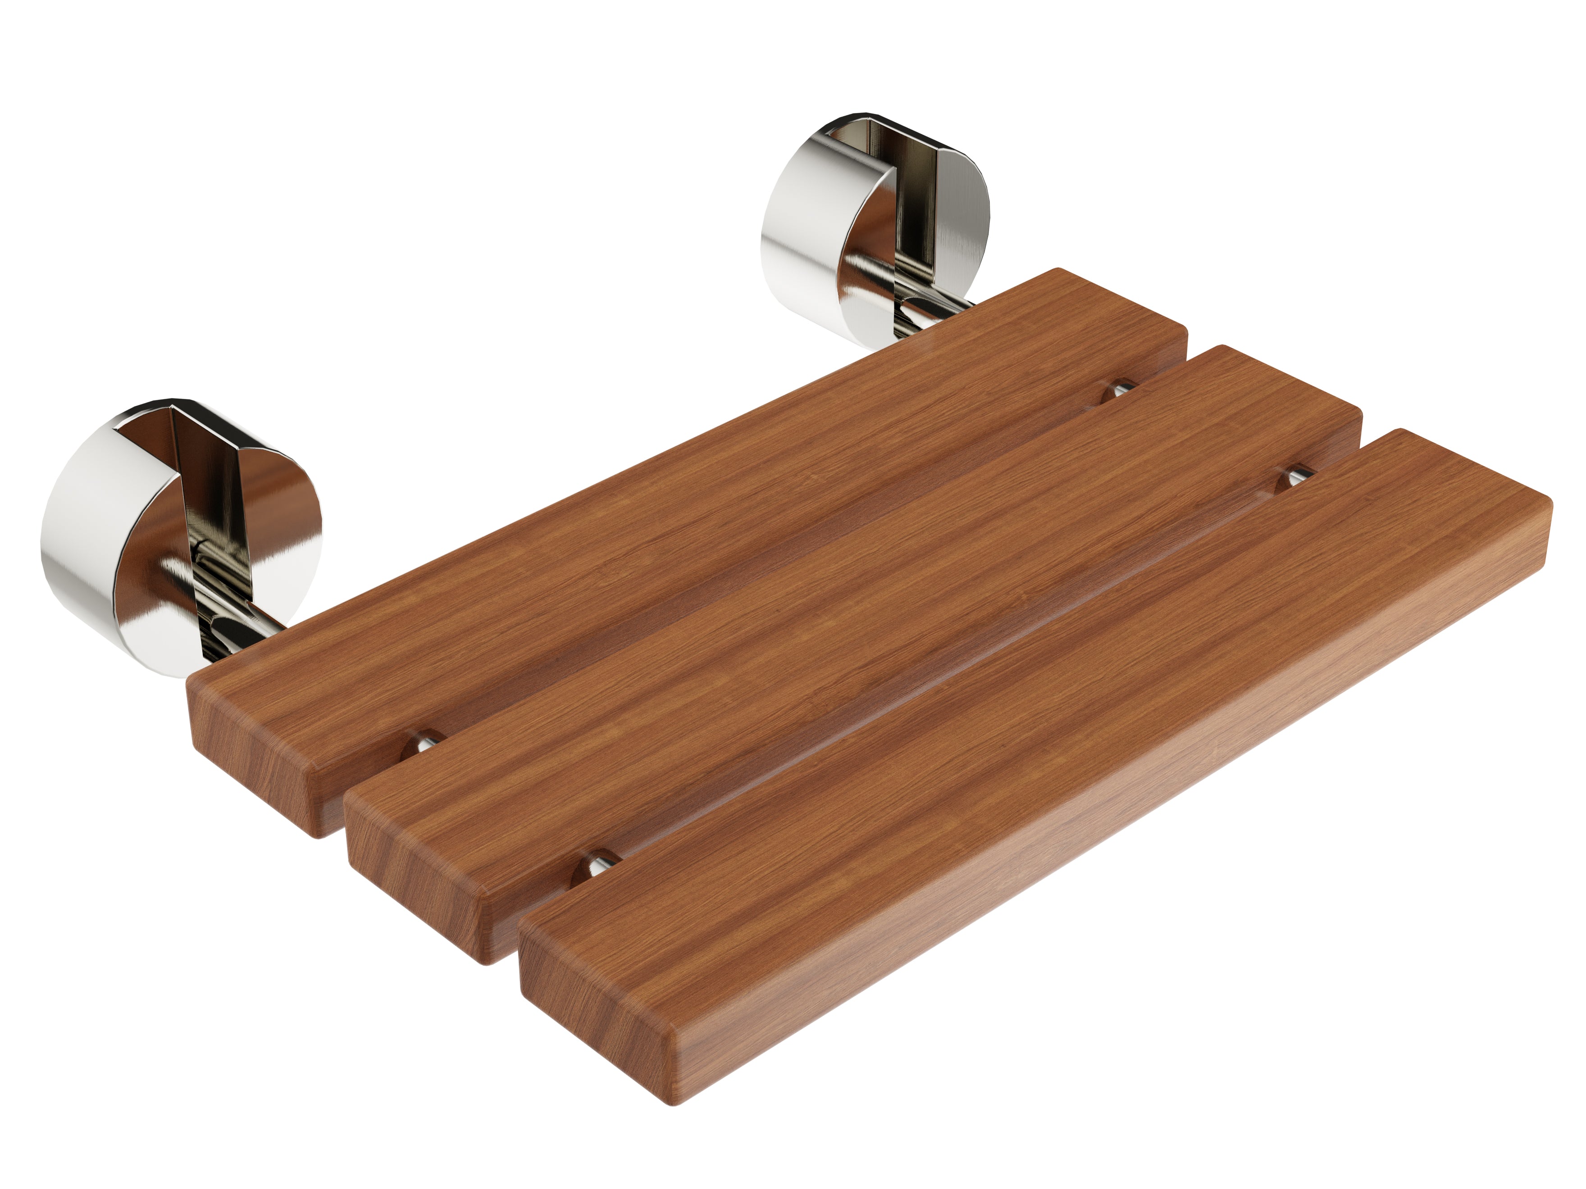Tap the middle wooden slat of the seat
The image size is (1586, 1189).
click(861, 609)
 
